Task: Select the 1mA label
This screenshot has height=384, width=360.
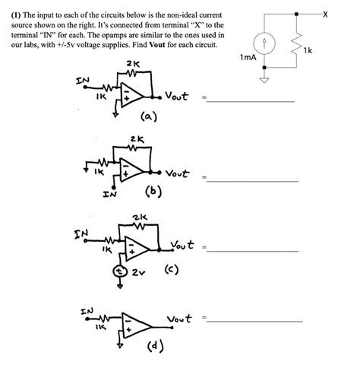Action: [x=247, y=58]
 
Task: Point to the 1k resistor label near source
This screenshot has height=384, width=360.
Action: [x=307, y=50]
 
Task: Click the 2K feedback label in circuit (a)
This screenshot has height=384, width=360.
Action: [x=132, y=63]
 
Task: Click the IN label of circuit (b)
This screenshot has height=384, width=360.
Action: [x=109, y=194]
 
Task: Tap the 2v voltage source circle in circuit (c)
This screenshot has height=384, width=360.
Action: [x=119, y=271]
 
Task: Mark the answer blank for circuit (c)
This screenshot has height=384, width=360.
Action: [x=254, y=249]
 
